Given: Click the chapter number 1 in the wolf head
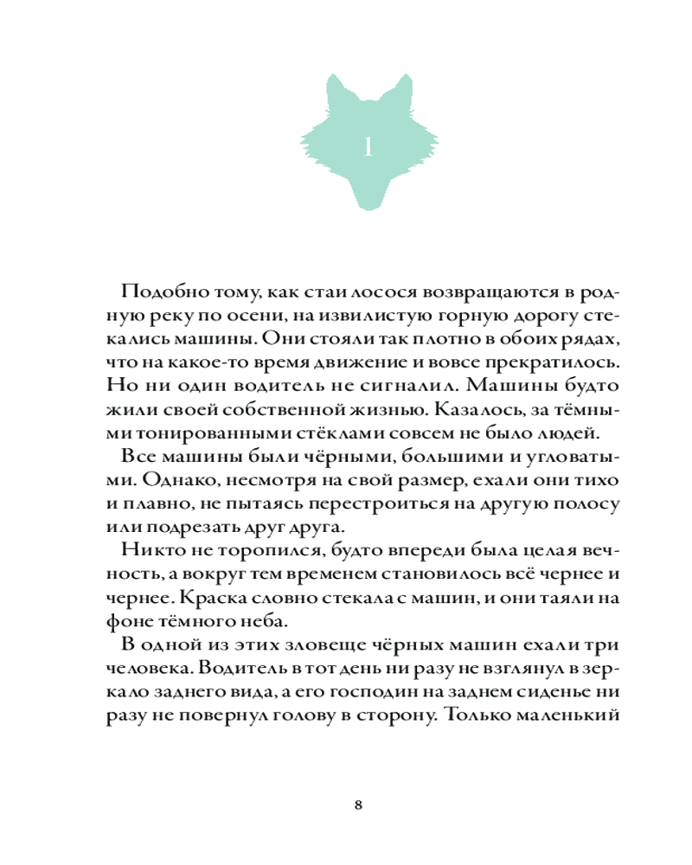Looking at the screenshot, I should [367, 147].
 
